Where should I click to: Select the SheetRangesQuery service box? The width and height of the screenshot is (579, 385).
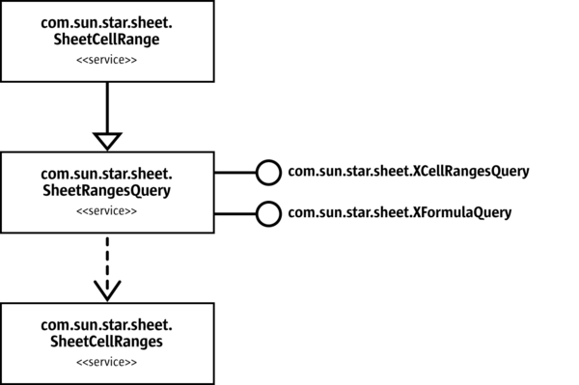(107, 192)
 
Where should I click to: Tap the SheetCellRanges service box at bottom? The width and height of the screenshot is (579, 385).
(107, 343)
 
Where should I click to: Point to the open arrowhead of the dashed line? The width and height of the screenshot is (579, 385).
(107, 289)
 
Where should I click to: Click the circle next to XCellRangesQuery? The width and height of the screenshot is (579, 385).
(267, 173)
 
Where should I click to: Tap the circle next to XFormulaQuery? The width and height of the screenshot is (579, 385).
(267, 211)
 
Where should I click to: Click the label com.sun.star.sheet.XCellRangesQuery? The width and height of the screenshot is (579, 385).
(409, 173)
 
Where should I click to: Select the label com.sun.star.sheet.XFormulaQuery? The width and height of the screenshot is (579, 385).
(400, 211)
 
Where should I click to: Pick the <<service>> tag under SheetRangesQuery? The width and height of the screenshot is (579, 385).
(107, 211)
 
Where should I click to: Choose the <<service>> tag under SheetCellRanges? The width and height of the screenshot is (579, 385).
(107, 362)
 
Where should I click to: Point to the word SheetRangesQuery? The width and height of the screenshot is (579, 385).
(107, 190)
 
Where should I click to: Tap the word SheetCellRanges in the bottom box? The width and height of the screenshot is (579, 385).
(107, 342)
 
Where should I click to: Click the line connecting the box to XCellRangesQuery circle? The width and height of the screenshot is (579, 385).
(234, 173)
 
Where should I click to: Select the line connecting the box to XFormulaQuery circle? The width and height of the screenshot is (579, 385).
(234, 211)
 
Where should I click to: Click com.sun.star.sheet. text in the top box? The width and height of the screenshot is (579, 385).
(107, 21)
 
